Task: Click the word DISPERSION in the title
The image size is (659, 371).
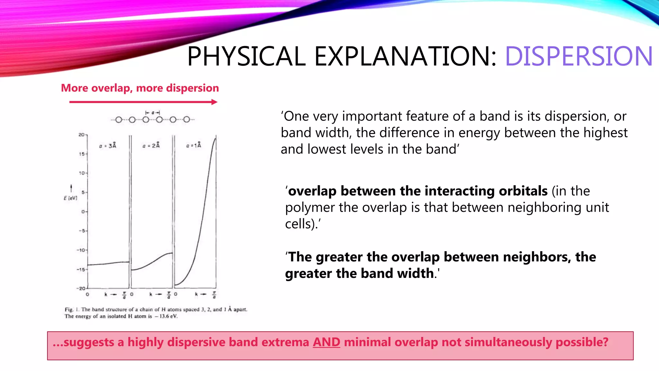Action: click(x=579, y=56)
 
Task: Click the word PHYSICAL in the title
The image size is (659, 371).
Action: click(x=246, y=56)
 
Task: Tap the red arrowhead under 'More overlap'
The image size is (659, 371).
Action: click(x=214, y=102)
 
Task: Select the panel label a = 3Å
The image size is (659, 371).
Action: click(x=108, y=146)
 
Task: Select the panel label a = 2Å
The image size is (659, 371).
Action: click(x=151, y=146)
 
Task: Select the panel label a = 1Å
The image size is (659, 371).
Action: click(x=194, y=145)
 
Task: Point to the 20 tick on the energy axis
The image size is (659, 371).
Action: click(x=82, y=135)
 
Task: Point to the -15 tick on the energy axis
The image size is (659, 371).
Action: click(x=81, y=269)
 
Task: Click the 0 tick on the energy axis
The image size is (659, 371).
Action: click(x=83, y=212)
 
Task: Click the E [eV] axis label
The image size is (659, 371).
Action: click(x=70, y=198)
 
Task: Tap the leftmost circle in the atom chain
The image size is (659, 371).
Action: click(x=119, y=120)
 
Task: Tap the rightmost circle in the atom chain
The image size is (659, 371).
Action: click(x=187, y=119)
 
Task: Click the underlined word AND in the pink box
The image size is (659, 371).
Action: click(x=326, y=342)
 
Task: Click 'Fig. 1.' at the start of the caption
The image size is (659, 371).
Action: click(x=72, y=309)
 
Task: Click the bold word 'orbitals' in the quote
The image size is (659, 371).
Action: click(x=523, y=191)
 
